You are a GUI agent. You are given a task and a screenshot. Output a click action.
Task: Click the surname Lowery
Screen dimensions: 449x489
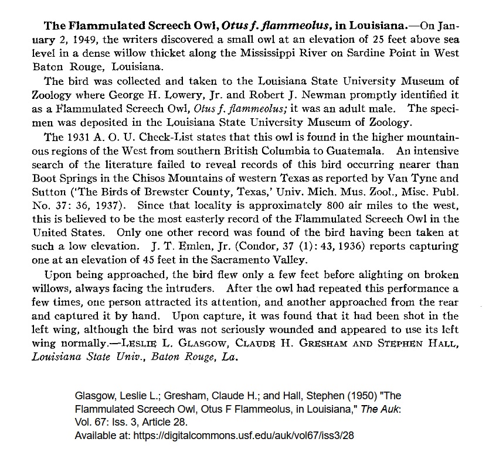tap(294, 95)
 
